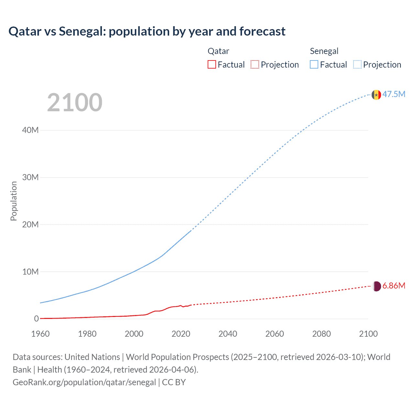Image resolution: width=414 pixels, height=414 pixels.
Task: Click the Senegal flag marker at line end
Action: tap(376, 95)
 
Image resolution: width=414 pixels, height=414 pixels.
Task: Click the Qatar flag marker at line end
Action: tap(376, 286)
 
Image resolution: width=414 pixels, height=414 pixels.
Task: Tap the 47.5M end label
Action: tap(394, 94)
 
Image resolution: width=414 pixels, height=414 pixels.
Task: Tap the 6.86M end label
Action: tap(394, 286)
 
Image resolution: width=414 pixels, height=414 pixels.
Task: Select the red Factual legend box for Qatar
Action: tap(212, 64)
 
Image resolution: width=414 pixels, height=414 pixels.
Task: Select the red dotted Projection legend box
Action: tap(255, 64)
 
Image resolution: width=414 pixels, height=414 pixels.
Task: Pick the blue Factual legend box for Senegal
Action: tap(314, 64)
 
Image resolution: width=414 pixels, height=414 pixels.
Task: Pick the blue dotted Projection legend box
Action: tap(357, 64)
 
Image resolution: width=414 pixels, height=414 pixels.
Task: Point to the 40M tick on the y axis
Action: tap(30, 130)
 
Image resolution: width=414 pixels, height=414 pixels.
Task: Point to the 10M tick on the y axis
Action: tap(30, 272)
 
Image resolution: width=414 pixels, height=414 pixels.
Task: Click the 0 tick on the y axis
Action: tap(36, 319)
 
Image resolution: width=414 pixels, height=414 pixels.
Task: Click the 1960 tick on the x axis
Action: tap(40, 334)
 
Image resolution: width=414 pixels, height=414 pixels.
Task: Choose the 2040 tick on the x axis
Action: tap(228, 334)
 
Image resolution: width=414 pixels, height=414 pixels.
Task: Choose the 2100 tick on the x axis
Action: tap(368, 334)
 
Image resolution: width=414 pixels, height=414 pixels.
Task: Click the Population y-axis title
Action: tap(14, 201)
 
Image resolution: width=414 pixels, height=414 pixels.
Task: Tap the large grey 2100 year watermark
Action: tap(75, 103)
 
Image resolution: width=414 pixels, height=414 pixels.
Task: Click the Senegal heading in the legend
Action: tap(324, 51)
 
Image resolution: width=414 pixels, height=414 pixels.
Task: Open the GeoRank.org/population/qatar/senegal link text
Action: tap(84, 382)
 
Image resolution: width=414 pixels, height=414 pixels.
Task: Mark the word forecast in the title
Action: tap(262, 31)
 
